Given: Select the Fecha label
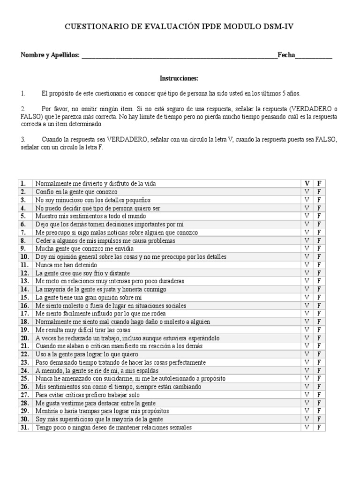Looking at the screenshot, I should point(286,55).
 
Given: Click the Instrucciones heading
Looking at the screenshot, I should point(180,78).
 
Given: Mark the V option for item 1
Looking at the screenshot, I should point(307,183).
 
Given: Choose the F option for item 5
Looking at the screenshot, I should point(319,216).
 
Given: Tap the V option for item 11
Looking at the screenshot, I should point(307,265).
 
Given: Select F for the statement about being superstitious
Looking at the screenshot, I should point(319,419).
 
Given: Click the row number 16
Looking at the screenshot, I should point(24,306).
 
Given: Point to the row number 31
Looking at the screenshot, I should point(24,427).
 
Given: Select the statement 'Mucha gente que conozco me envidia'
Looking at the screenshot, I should point(84,248).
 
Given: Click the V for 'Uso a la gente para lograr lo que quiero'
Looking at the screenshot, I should point(307,354).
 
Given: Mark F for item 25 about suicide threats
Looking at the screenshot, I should point(319,379).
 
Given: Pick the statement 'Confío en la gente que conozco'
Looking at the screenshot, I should point(76,192).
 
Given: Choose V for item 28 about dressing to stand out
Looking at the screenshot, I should point(307,403).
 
